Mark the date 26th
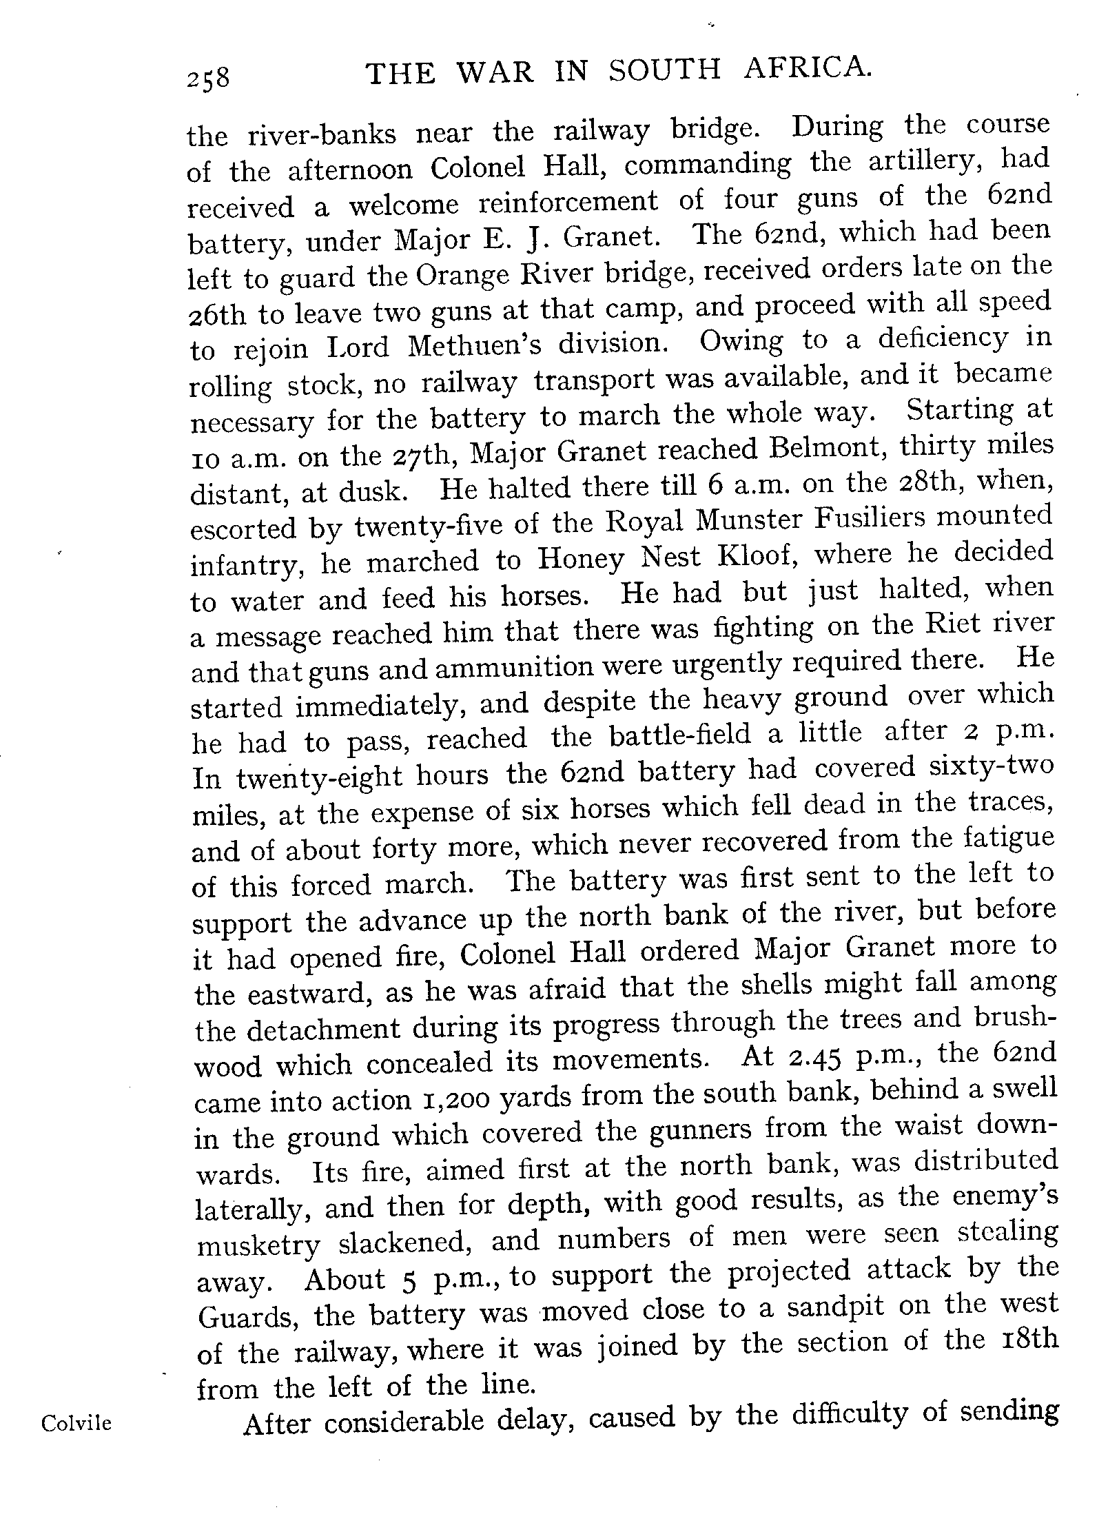point(217,315)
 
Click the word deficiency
point(938,338)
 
